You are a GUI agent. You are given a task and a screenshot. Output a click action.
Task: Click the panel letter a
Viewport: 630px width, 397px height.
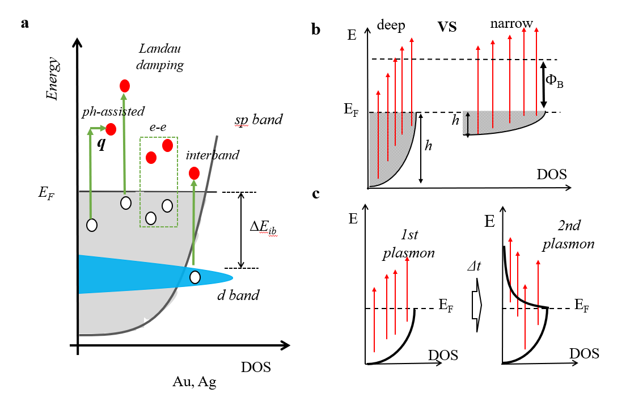point(25,23)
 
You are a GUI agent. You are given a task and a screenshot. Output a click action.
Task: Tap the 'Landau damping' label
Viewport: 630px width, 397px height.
point(162,57)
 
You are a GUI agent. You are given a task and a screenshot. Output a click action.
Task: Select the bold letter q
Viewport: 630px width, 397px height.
point(101,144)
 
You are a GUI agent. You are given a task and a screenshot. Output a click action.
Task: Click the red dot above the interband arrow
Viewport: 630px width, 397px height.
point(194,173)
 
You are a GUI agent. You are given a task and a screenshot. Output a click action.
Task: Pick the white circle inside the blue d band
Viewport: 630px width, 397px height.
point(195,277)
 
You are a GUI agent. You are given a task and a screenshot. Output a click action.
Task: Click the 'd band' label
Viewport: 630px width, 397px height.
point(238,295)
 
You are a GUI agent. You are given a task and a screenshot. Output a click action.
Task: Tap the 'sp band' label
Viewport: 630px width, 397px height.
point(259,120)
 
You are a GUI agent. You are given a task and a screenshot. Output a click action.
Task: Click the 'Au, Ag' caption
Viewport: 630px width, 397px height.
point(195,382)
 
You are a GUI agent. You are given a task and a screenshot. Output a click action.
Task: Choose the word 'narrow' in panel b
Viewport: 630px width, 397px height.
point(512,24)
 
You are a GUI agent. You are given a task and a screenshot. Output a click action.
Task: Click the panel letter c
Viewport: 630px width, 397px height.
point(316,194)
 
